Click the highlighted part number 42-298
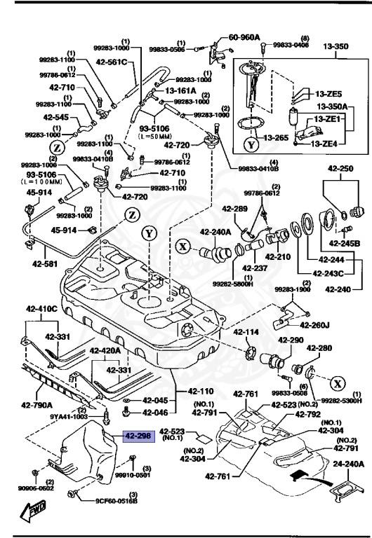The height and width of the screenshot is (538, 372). click(x=138, y=436)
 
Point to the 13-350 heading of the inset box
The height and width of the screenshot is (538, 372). click(x=336, y=47)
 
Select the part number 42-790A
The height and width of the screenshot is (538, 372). click(x=38, y=404)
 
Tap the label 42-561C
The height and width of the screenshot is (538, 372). click(x=112, y=62)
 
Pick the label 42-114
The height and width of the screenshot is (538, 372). click(x=247, y=332)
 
